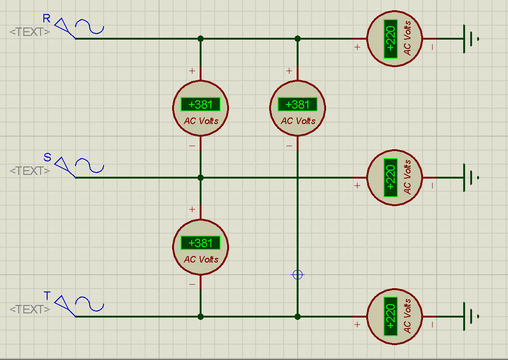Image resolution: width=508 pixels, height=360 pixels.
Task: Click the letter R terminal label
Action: click(x=47, y=19)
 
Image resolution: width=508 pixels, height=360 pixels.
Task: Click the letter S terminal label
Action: click(x=47, y=157)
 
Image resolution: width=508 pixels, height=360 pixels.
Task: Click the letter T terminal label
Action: click(x=47, y=296)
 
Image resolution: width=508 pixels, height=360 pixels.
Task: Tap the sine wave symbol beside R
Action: click(x=90, y=27)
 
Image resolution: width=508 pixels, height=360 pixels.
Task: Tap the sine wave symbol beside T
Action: click(x=90, y=304)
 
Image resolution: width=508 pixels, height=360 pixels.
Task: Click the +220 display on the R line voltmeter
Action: click(x=390, y=39)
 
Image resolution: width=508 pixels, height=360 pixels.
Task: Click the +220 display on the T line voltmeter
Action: click(x=390, y=317)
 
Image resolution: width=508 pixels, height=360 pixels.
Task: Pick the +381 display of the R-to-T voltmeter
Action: click(x=298, y=104)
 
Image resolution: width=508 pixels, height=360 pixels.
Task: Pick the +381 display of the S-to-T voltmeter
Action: click(x=201, y=243)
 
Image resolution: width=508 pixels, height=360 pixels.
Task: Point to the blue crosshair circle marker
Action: click(x=298, y=275)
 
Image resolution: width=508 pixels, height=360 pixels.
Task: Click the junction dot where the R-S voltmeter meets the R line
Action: click(x=201, y=39)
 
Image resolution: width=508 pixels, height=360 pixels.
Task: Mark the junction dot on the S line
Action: click(x=201, y=178)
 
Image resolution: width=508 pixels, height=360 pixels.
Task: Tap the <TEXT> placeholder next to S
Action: click(x=30, y=171)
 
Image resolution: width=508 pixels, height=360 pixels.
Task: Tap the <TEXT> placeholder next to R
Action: click(x=30, y=32)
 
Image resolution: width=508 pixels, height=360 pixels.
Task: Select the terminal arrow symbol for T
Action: click(x=65, y=305)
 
